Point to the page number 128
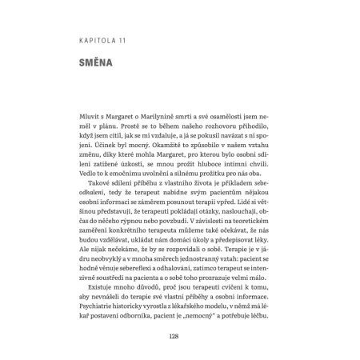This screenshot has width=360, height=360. [179, 337]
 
